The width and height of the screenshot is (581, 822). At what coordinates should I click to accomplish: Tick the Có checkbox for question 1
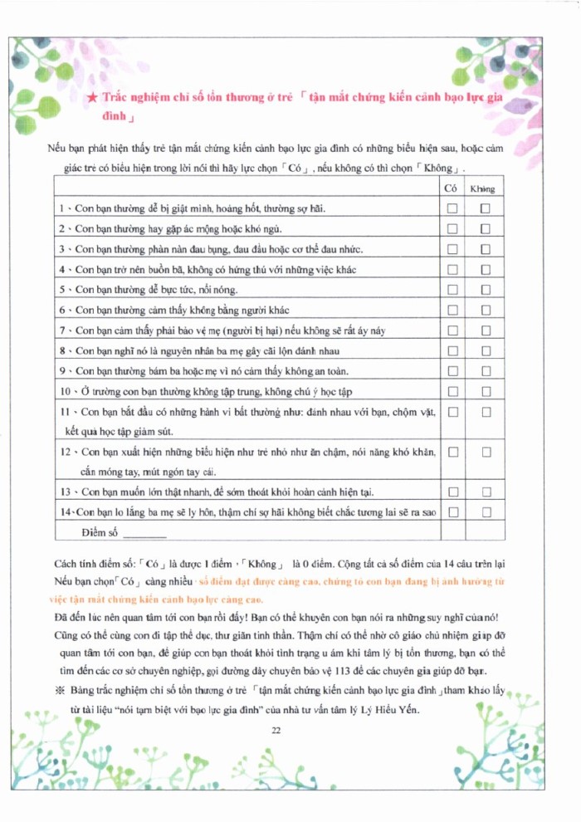coord(452,208)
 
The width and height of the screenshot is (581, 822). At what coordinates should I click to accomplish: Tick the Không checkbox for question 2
coord(486,228)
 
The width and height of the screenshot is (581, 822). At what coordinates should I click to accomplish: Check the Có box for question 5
coord(452,289)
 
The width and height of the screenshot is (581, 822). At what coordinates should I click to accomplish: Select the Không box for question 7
coord(486,330)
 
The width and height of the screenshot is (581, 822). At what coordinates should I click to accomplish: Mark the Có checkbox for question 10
coord(452,390)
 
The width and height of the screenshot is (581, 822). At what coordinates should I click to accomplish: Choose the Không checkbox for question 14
coord(486,511)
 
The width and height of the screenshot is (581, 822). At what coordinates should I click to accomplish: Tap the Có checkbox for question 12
coord(452,452)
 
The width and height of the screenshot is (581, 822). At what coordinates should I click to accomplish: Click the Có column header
coord(451,188)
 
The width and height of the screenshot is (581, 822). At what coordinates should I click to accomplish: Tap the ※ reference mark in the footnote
coord(58,692)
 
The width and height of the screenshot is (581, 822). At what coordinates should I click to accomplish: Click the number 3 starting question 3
coord(62,249)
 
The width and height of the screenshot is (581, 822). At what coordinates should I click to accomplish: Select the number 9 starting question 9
coord(62,370)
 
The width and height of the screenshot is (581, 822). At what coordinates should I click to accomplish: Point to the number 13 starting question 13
coord(65,492)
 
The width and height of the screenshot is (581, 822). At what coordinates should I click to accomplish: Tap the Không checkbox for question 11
coord(486,411)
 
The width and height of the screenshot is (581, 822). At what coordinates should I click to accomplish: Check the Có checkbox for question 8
coord(452,350)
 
